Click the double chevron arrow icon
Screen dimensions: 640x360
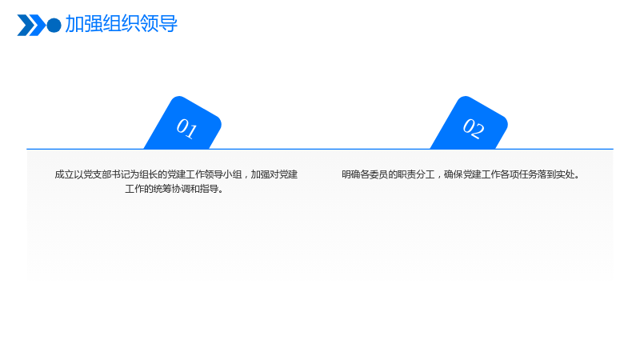[31, 25]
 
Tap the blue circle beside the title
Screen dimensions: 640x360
[54, 26]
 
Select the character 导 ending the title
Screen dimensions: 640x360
[168, 24]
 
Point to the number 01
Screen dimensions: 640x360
[186, 129]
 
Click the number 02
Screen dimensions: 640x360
[474, 129]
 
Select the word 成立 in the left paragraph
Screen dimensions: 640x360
[64, 174]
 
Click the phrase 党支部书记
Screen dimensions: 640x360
[106, 174]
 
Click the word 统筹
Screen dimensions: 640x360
[162, 189]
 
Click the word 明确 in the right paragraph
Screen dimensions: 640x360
[351, 174]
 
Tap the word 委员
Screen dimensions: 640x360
[378, 174]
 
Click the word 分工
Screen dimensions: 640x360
[426, 174]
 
